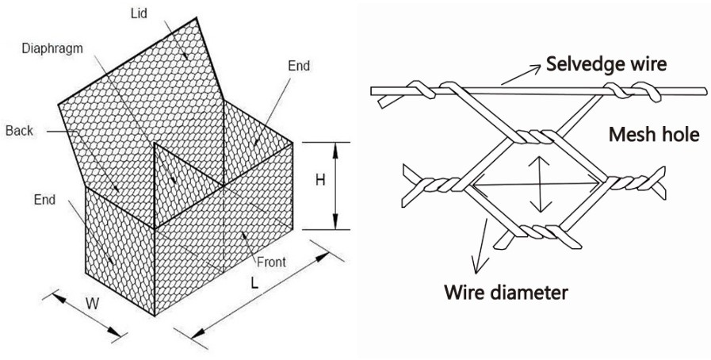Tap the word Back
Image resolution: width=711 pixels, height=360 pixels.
click(19, 130)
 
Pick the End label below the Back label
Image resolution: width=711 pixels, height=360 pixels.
click(45, 200)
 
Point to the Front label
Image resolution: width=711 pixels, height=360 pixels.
click(271, 262)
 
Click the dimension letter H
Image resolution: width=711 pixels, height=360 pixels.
click(320, 181)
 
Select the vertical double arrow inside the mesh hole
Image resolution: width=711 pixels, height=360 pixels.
click(541, 184)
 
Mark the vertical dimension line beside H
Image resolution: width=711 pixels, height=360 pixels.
click(337, 186)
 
